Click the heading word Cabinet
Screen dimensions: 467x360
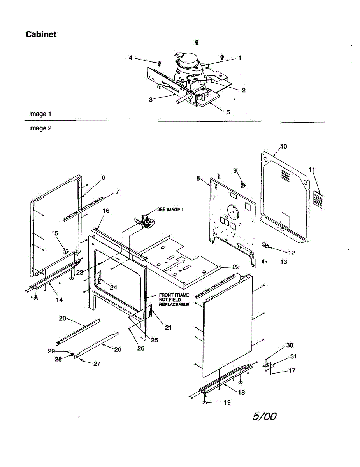tap(41, 34)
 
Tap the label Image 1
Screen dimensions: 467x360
tap(40, 114)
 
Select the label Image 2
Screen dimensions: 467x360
tap(40, 128)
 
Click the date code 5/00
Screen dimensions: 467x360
tap(264, 416)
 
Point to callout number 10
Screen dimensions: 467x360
tap(284, 146)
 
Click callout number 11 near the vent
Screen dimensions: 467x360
tap(312, 169)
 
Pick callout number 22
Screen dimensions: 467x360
tap(236, 267)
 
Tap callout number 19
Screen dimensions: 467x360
tap(227, 402)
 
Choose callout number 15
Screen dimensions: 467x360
tap(55, 233)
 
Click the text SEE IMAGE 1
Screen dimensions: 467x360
tap(170, 209)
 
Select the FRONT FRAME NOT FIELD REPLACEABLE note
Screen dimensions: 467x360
tap(174, 300)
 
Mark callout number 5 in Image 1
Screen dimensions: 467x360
tap(228, 112)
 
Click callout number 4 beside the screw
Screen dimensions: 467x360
tap(131, 58)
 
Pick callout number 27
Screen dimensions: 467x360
tap(97, 363)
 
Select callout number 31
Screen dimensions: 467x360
tap(293, 356)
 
